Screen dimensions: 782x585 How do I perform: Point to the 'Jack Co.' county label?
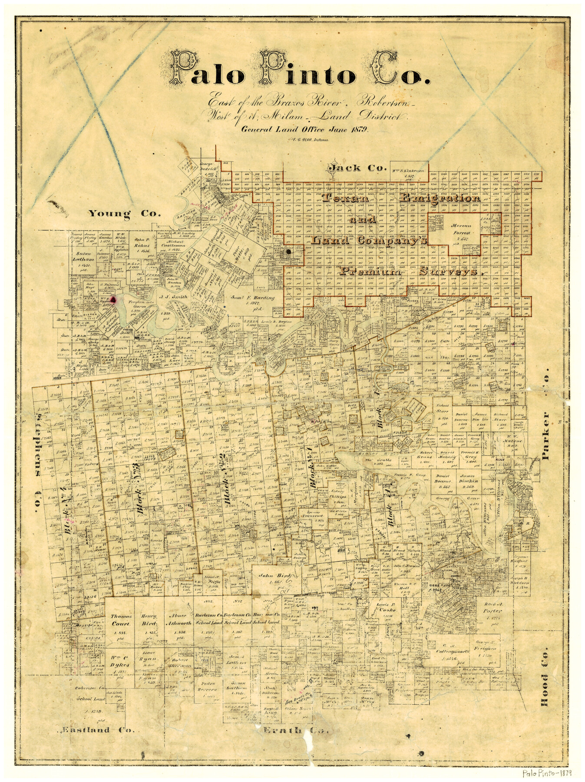[x=351, y=167]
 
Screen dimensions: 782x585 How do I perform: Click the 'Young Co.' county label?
[x=125, y=213]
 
